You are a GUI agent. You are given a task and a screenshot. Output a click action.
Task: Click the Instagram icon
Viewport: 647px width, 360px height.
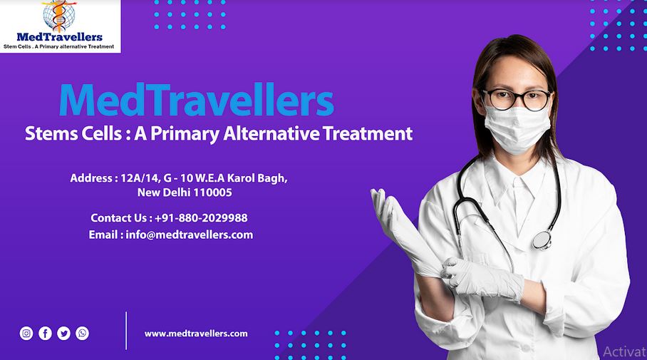26,333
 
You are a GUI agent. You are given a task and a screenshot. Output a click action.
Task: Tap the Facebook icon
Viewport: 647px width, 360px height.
45,333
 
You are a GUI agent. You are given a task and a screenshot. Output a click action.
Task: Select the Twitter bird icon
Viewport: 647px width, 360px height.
63,333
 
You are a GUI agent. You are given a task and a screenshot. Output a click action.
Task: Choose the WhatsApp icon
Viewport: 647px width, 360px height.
83,333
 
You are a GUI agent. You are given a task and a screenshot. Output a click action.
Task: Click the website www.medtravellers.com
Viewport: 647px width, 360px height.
196,333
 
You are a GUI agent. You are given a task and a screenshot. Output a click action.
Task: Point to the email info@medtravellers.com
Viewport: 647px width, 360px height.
189,235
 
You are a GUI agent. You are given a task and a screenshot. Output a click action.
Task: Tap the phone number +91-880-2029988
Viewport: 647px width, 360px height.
201,218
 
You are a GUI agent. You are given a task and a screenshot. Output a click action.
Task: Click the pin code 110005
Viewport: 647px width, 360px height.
212,192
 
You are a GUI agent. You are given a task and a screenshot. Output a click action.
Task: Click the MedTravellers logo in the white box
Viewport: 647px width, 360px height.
60,26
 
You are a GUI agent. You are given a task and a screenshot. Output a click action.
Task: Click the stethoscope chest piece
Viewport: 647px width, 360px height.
542,240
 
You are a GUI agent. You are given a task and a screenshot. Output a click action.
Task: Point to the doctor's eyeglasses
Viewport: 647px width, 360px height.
517,99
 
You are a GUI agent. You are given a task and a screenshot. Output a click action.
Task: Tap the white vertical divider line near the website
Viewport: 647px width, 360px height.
126,330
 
